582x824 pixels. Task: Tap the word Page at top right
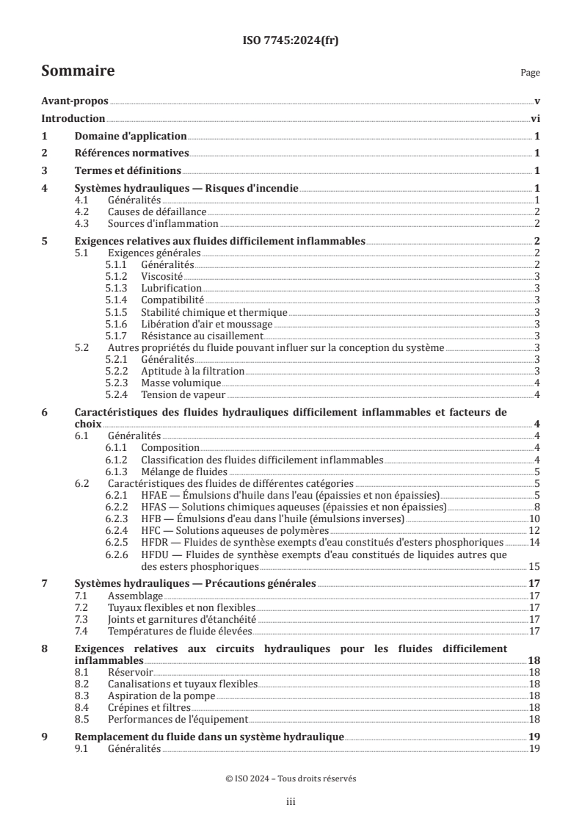click(x=530, y=73)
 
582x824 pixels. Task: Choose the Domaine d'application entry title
click(x=131, y=137)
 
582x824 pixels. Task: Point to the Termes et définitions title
click(x=128, y=171)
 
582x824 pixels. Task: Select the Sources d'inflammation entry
click(x=162, y=223)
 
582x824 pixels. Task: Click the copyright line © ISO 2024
click(x=291, y=779)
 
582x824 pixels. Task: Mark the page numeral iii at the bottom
click(x=291, y=803)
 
